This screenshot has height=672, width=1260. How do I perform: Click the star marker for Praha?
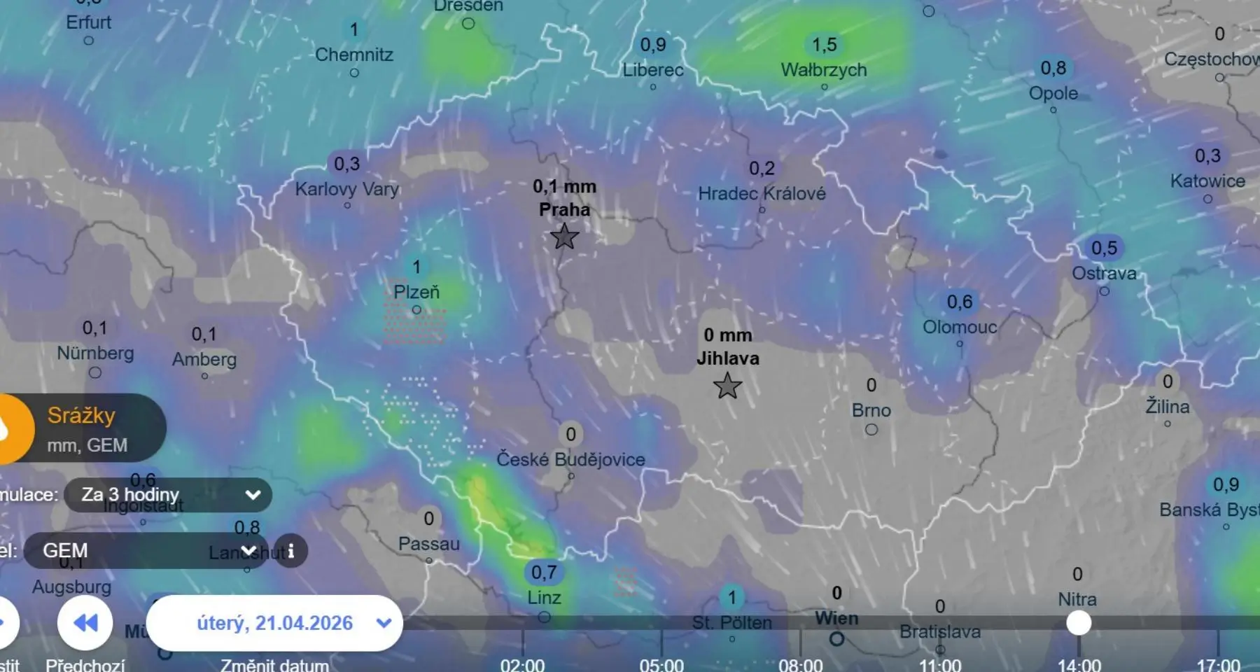click(564, 237)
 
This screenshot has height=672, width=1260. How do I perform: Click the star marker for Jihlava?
click(727, 386)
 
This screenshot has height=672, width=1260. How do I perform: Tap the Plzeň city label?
click(416, 292)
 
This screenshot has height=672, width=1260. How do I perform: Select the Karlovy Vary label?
click(346, 189)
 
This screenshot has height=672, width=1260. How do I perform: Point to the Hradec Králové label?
click(762, 193)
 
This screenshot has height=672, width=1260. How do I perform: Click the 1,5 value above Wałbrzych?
click(824, 45)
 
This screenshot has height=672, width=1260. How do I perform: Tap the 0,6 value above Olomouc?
click(959, 302)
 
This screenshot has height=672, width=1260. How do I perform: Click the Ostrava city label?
click(1104, 273)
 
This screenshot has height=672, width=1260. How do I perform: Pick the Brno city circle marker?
click(871, 429)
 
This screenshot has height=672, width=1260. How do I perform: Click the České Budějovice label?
click(570, 459)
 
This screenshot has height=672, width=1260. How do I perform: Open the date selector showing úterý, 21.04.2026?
click(274, 623)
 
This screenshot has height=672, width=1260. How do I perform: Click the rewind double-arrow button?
click(85, 623)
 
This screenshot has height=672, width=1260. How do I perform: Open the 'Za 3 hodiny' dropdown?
click(168, 495)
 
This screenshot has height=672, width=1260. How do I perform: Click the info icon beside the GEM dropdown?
click(290, 551)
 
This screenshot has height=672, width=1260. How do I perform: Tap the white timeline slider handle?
click(1079, 623)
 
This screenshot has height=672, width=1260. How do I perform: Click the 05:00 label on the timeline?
click(661, 664)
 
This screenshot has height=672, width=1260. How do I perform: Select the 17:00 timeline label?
click(1218, 664)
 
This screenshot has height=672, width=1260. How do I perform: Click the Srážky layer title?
click(81, 416)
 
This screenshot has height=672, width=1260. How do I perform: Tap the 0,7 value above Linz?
click(544, 573)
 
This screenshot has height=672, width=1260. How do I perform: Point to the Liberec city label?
click(653, 70)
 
